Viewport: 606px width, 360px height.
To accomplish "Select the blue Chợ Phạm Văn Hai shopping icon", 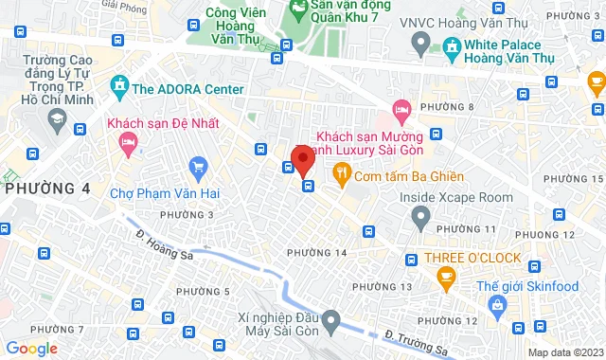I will (x=198, y=169).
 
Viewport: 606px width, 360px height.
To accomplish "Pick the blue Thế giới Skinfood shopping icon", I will (x=496, y=304).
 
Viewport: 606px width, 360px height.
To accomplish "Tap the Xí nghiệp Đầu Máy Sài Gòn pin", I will (x=330, y=322).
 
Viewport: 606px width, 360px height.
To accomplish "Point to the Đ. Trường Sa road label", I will (x=417, y=342).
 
